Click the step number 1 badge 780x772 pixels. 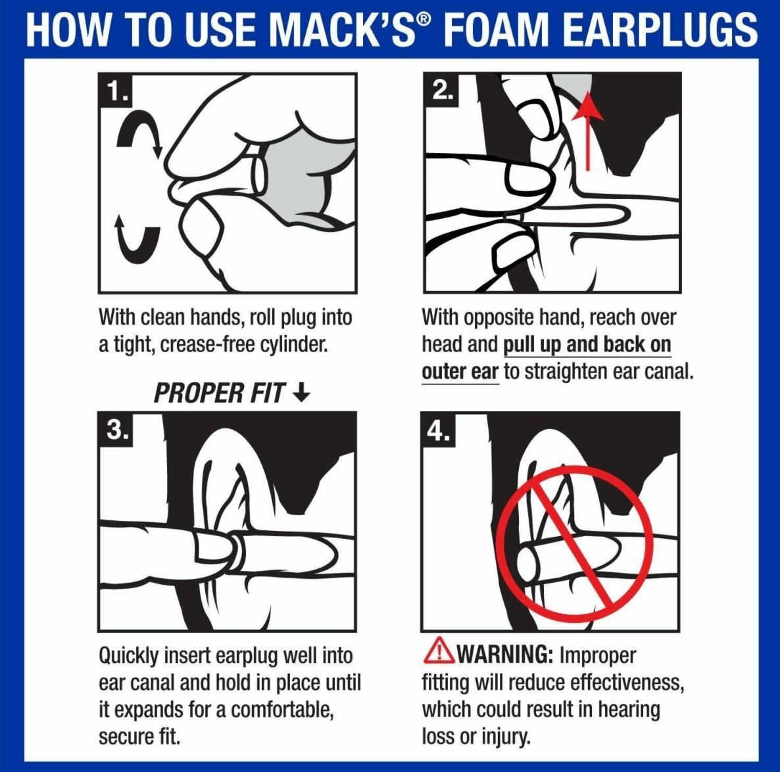coord(116,90)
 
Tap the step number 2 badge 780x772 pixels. coord(441,89)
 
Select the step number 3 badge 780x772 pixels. coord(116,429)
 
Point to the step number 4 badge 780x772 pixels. coord(439,429)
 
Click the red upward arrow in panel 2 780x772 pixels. coord(588,131)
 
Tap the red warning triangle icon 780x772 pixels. coord(439,650)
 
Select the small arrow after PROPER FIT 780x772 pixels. coord(301,393)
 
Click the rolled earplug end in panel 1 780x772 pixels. coord(259,174)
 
